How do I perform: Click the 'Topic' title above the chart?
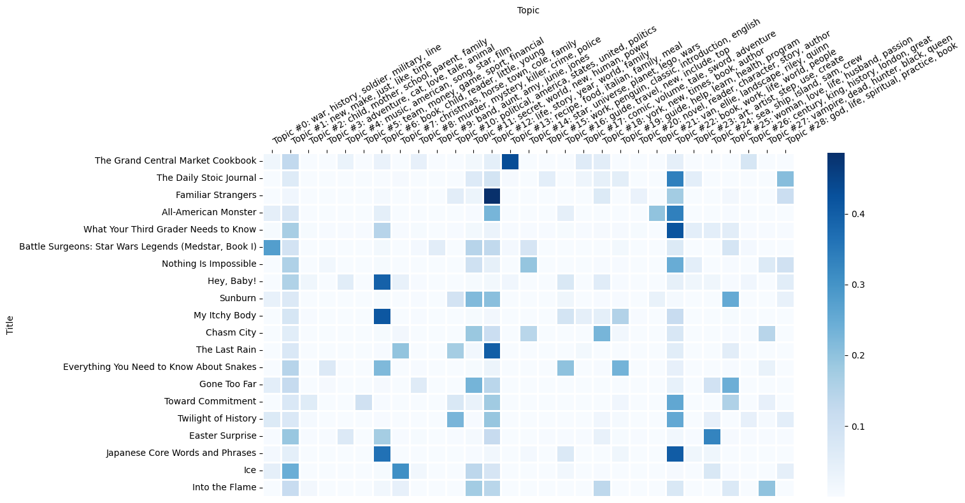528,10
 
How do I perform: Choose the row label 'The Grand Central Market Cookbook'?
175,160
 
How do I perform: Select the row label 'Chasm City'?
231,332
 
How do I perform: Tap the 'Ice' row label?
250,470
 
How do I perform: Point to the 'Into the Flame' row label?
224,487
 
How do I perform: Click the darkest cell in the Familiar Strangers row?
492,195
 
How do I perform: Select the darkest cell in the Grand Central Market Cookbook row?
510,161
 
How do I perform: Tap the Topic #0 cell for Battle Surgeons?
272,246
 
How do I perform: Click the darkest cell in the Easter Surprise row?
712,436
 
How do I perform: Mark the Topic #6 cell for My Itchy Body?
382,315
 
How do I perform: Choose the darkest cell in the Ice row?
401,470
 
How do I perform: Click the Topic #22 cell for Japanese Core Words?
675,453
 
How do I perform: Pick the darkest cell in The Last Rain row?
492,350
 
